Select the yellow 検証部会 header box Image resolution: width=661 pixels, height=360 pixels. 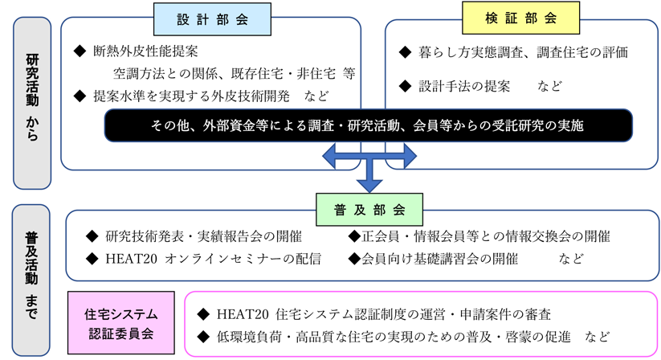tap(520, 18)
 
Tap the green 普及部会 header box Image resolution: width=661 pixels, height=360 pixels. tap(369, 210)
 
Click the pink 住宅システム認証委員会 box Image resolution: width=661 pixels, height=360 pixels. tap(120, 323)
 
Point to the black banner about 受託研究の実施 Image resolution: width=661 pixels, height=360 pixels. tap(368, 125)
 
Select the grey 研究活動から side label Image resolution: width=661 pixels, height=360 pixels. tap(31, 103)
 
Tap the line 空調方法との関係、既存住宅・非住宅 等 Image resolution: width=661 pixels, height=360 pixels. tap(234, 74)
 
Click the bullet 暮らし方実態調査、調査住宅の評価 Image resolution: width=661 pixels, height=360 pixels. tap(523, 52)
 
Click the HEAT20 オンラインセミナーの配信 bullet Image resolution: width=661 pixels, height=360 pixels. tap(213, 259)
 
